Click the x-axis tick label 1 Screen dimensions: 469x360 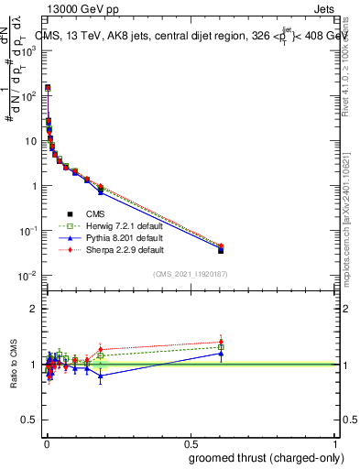coord(335,444)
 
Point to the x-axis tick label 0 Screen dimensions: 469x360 coord(46,444)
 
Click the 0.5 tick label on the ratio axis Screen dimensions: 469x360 coord(33,420)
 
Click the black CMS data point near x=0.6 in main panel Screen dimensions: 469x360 coord(221,250)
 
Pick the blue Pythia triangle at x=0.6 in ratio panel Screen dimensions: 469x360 coord(221,353)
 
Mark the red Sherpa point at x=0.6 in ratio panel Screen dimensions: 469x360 coord(221,342)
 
